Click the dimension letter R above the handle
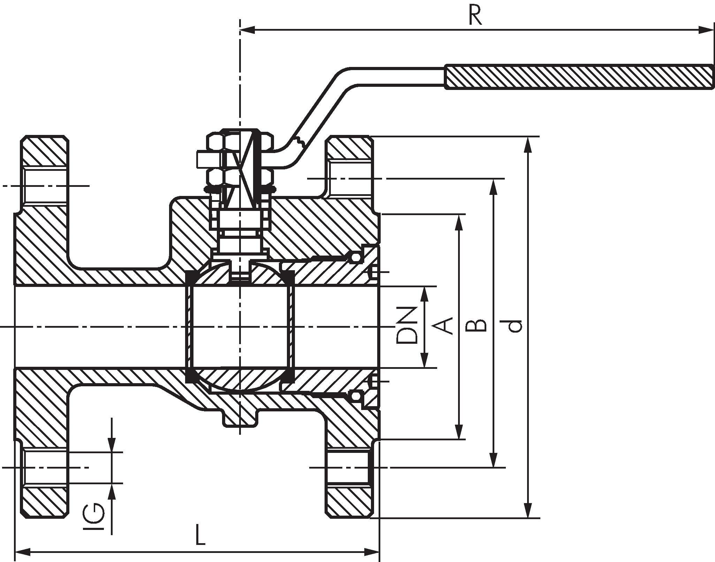475,16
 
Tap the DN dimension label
407,325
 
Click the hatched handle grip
579,77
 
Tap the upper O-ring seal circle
355,257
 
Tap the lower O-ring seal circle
355,396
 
